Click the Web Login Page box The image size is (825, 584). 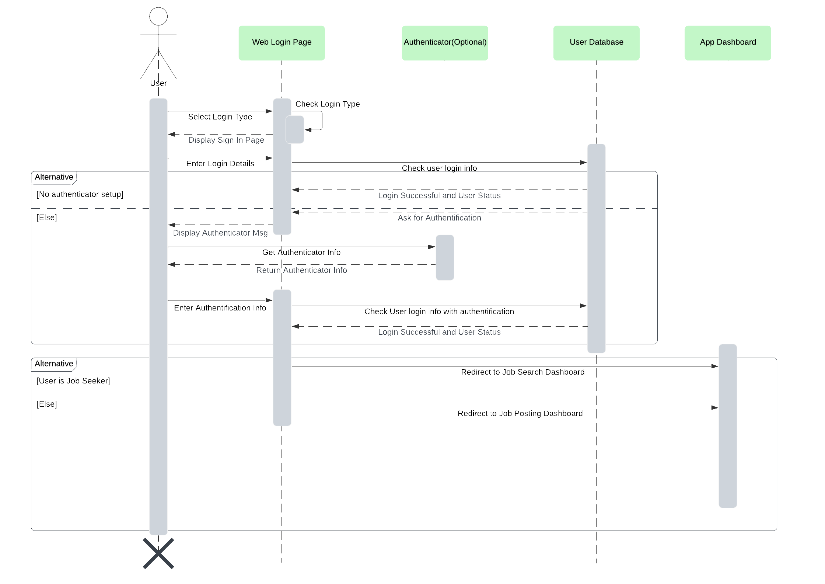pos(282,42)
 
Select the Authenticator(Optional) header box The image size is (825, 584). pos(445,42)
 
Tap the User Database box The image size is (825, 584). pos(596,42)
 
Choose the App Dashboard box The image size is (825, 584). pos(727,42)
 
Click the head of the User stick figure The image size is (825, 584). pos(158,16)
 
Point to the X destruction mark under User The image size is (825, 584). pos(158,553)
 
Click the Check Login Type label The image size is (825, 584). pos(327,104)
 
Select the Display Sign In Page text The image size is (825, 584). pos(226,140)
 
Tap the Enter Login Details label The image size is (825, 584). pos(220,164)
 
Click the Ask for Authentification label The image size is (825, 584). pos(439,218)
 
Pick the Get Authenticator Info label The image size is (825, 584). pos(301,253)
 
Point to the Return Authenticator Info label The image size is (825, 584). pos(301,270)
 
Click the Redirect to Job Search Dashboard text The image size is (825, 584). pos(522,372)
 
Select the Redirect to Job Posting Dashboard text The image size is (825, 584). pos(520,414)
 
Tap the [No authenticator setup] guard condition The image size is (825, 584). pos(80,194)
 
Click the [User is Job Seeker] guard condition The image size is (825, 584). pos(73,381)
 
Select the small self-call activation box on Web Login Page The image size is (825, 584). pos(295,129)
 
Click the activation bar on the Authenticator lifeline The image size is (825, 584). pos(445,257)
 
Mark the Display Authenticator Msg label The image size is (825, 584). pos(220,233)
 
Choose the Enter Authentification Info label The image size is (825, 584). pos(220,308)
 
